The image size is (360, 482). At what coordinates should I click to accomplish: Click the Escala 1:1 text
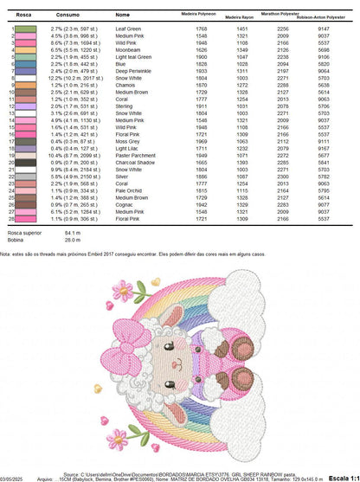[344, 477]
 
